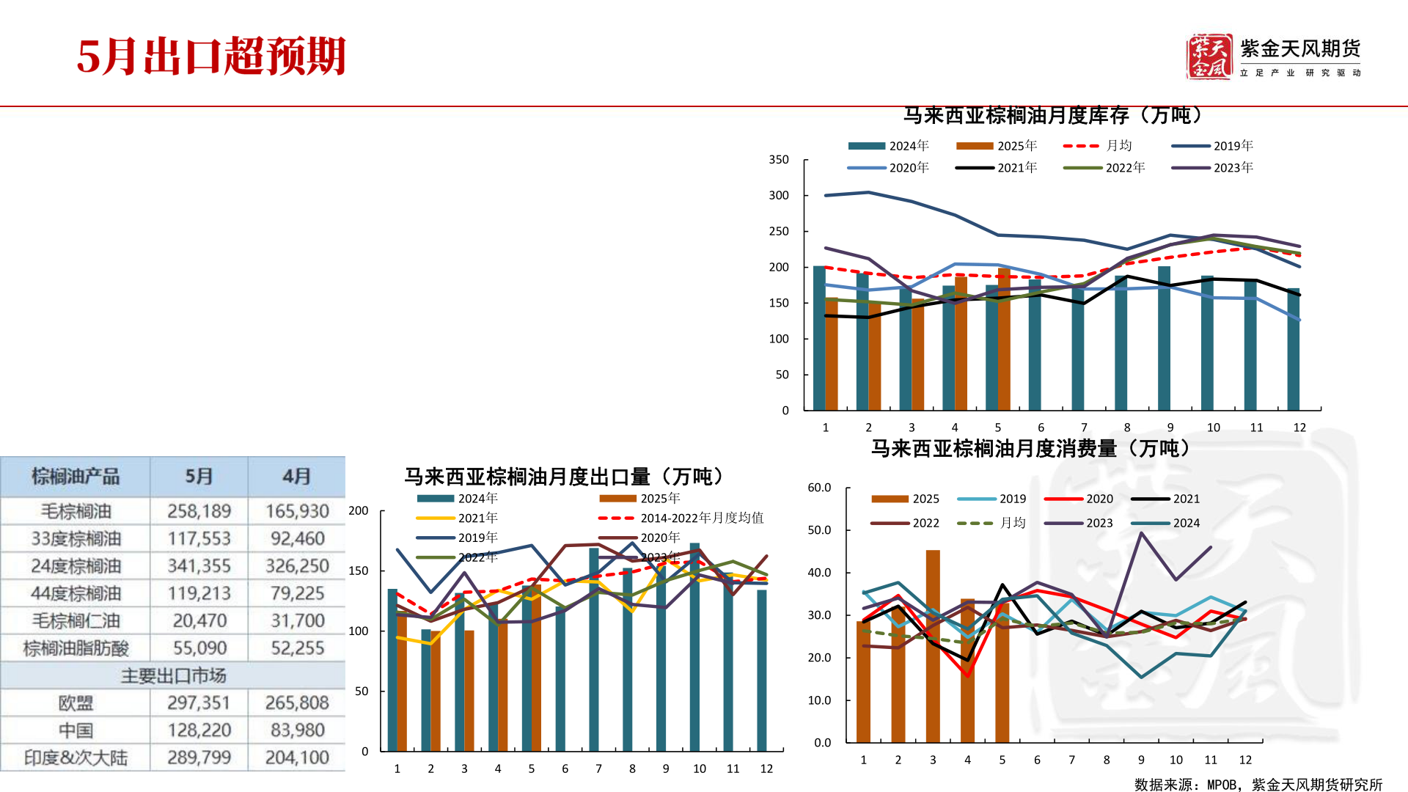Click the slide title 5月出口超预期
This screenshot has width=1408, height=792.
coord(211,56)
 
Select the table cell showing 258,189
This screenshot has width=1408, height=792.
coord(199,511)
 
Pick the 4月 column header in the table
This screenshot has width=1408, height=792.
coord(296,477)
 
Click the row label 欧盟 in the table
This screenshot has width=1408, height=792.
coord(76,703)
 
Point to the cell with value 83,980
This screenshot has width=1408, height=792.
coord(297,730)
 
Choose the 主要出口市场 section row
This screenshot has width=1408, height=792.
coord(173,675)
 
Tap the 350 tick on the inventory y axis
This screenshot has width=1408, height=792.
coord(779,160)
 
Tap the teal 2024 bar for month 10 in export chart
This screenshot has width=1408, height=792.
coord(694,645)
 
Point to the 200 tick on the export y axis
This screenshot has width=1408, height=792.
coord(359,511)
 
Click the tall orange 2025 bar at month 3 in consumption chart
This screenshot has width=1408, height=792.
coord(933,645)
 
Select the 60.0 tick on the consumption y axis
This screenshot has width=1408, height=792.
coord(819,488)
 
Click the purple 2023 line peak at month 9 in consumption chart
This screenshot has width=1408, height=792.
coord(1142,533)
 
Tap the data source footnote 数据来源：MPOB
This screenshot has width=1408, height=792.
coord(1258,785)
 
